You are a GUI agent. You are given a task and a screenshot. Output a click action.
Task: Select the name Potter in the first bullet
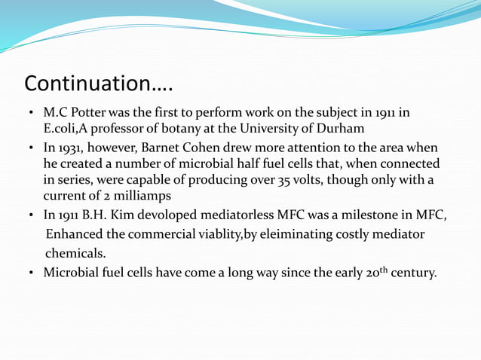pos(88,113)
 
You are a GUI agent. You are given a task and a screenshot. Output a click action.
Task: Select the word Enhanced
pos(74,234)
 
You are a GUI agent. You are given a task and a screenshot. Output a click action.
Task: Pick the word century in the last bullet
pos(413,272)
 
